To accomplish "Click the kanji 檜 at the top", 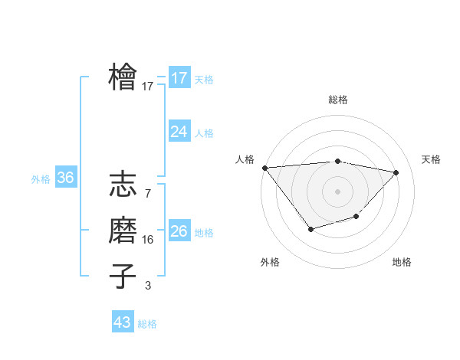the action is (x=123, y=77).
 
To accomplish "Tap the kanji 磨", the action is (x=123, y=231).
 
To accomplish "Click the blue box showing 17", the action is (x=179, y=78).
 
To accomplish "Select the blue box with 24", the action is (x=179, y=132).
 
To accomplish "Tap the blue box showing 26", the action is (x=179, y=231).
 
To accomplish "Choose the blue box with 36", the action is (x=65, y=178).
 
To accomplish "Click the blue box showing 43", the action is (x=123, y=322).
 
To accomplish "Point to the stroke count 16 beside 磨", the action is (x=147, y=240).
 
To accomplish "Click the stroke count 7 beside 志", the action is (x=147, y=194).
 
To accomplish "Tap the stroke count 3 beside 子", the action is (x=147, y=286).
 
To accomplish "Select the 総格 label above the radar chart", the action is (x=337, y=100).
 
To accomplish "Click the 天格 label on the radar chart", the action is (x=431, y=159).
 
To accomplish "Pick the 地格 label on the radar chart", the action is (x=402, y=262).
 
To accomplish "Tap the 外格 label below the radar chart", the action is (x=270, y=262).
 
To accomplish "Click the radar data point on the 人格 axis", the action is (x=264, y=168).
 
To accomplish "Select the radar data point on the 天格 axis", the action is (x=396, y=172).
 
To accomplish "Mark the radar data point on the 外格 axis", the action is (x=310, y=229).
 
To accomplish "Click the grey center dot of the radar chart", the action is (x=337, y=191).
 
